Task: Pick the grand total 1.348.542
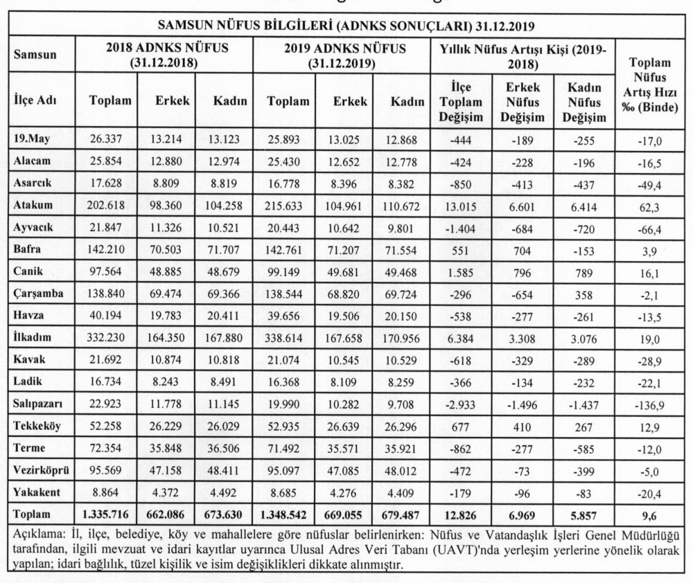pyautogui.click(x=286, y=514)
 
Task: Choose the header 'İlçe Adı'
pyautogui.click(x=35, y=100)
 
